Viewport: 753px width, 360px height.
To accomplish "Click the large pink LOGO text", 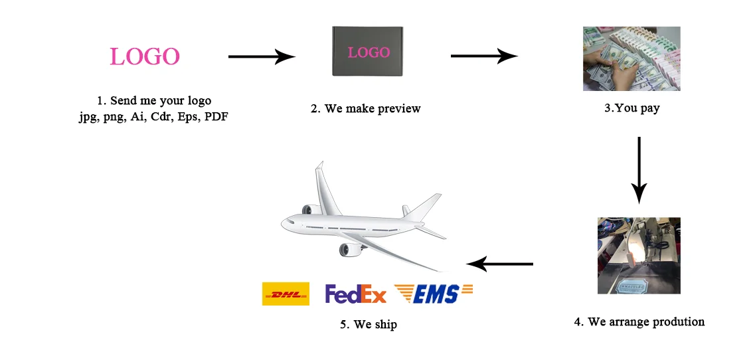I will (x=145, y=56).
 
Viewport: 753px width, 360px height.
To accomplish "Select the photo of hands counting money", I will (x=631, y=58).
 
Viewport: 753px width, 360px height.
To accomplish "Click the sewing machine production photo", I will (x=639, y=256).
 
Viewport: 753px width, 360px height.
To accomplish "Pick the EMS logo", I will (x=434, y=294).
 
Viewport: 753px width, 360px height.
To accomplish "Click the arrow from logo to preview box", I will (x=261, y=56).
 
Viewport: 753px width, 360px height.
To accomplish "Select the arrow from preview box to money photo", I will (x=483, y=56).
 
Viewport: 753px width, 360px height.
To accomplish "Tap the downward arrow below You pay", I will (x=639, y=169).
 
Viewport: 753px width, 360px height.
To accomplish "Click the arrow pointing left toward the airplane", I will (x=500, y=264).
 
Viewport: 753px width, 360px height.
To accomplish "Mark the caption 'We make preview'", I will (x=366, y=108).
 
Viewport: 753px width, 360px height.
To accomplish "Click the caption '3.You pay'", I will (x=631, y=108).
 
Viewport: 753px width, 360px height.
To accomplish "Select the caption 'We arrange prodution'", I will (x=639, y=322).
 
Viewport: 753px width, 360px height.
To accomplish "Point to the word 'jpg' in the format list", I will (x=88, y=118).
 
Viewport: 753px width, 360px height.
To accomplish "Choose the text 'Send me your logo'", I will (x=160, y=101).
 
